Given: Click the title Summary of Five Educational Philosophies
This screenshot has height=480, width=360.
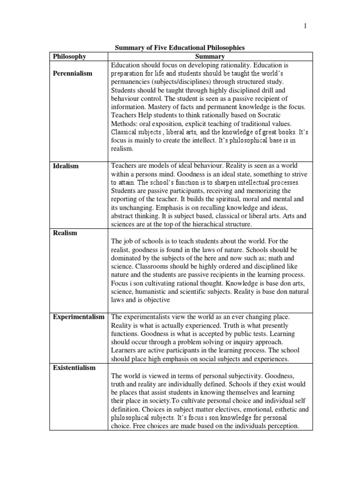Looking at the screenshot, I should (180, 47).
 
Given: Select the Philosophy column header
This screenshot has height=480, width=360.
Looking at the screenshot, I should (69, 56).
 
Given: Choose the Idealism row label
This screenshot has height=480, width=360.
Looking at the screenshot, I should (66, 166).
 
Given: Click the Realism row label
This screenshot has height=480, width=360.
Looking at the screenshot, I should (65, 233).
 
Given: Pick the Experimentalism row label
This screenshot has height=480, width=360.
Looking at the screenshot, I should (79, 317).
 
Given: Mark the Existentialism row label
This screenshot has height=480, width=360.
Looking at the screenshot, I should (74, 367).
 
